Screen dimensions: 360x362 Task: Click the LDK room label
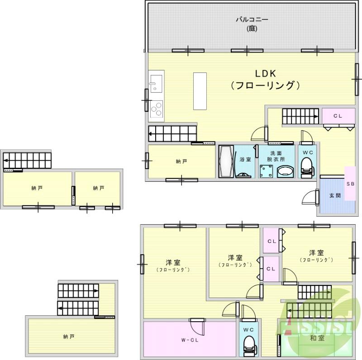(265, 74)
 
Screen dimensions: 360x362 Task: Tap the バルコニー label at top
(252, 20)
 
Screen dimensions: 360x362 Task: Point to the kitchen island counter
(200, 90)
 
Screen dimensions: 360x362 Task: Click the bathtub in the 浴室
(225, 162)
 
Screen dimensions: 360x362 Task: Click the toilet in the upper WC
(307, 165)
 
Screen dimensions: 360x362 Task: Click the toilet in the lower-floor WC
(248, 346)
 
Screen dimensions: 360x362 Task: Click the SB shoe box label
(350, 184)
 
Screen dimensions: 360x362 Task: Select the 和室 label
(317, 338)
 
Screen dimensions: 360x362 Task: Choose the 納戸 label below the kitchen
(181, 161)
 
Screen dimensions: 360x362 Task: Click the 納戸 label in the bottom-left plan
(68, 336)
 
